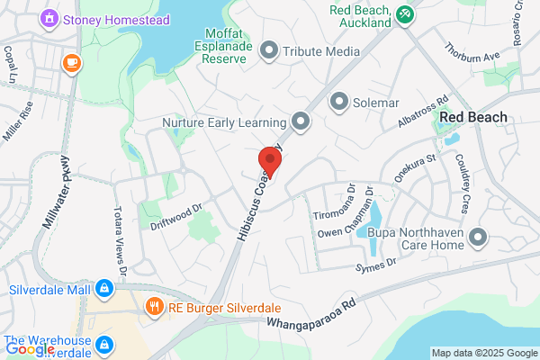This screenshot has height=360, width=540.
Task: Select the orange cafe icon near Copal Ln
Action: pyautogui.click(x=70, y=62)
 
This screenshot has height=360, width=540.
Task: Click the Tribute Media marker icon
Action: pyautogui.click(x=268, y=50)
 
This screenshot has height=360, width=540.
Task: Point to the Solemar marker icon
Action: pyautogui.click(x=339, y=101)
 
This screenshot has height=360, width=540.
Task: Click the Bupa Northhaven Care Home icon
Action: pyautogui.click(x=478, y=238)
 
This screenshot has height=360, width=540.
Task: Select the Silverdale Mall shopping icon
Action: pyautogui.click(x=104, y=288)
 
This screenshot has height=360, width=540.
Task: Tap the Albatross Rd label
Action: pyautogui.click(x=427, y=112)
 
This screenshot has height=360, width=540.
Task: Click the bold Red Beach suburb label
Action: pyautogui.click(x=472, y=118)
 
